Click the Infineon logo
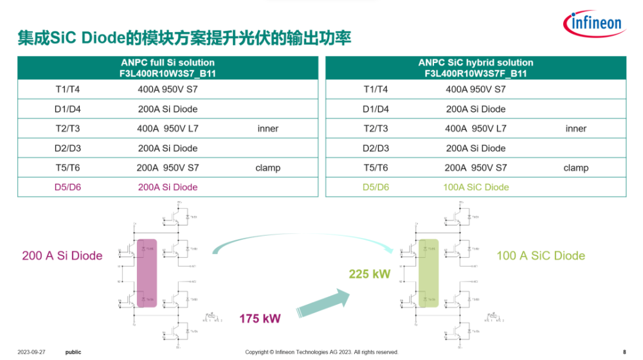[595, 24]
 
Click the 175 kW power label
[258, 318]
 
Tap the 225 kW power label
[370, 274]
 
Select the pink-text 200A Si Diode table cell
[167, 187]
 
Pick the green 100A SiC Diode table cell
[476, 187]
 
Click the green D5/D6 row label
[376, 187]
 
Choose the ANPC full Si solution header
[168, 67]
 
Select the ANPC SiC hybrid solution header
[476, 67]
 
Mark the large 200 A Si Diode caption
[62, 256]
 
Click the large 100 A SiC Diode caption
[540, 256]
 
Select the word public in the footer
[73, 352]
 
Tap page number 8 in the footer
[624, 352]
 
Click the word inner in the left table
[267, 129]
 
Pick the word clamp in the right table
[575, 168]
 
